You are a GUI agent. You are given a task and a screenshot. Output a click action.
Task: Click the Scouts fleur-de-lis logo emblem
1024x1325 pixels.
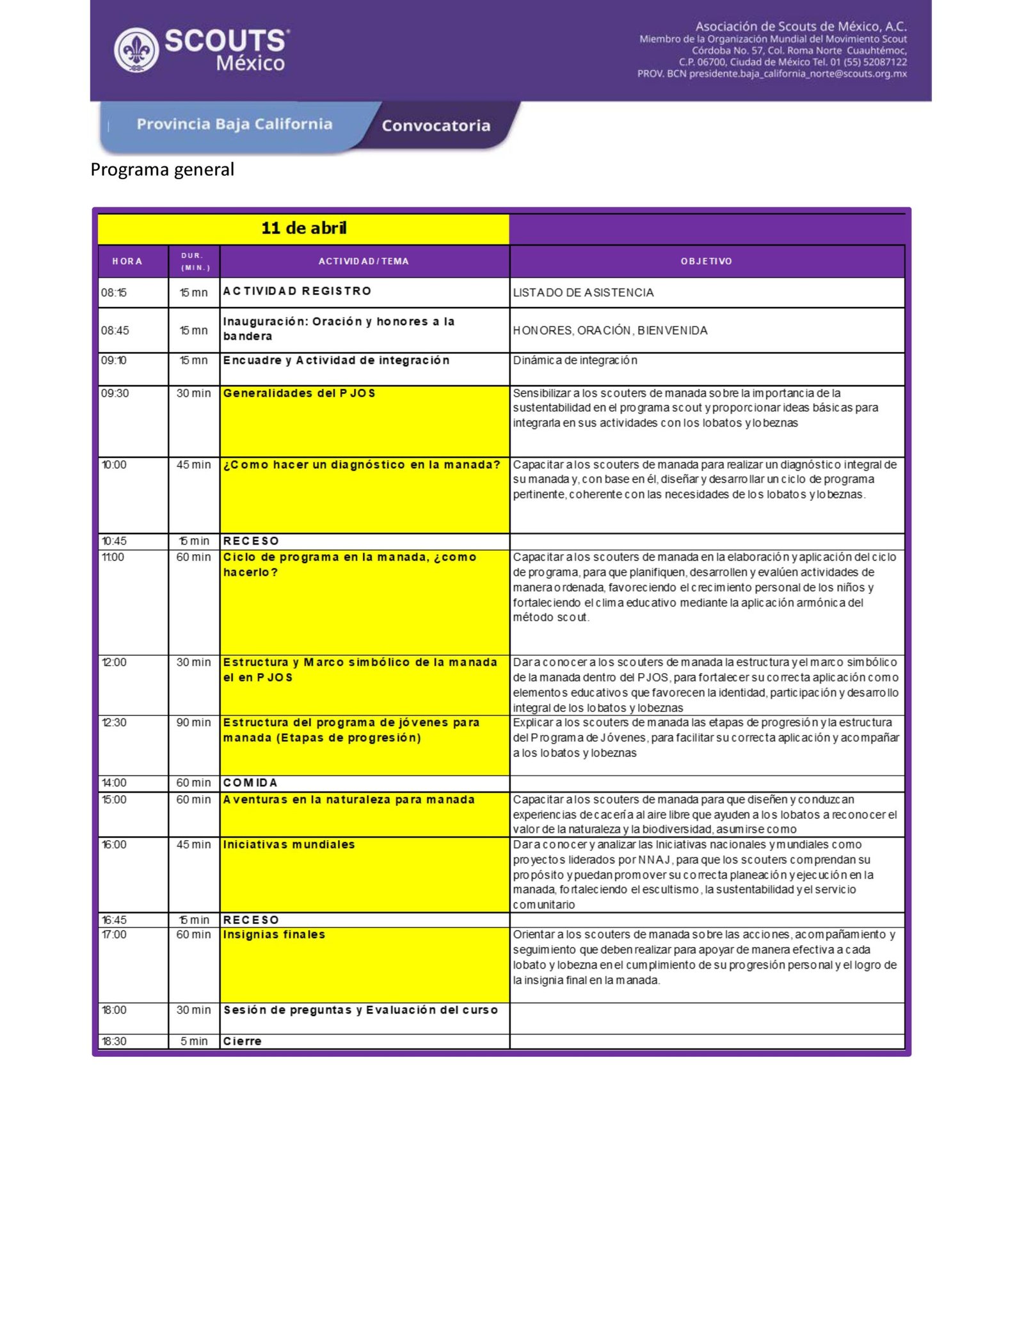pyautogui.click(x=136, y=50)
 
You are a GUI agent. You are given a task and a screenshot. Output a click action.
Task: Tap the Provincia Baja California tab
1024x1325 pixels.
pyautogui.click(x=234, y=124)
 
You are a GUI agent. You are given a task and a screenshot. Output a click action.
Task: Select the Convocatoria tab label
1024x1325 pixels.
pyautogui.click(x=436, y=125)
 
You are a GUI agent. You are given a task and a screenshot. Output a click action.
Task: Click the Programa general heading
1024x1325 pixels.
pyautogui.click(x=162, y=170)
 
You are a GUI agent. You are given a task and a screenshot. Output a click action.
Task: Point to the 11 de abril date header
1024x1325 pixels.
pyautogui.click(x=303, y=228)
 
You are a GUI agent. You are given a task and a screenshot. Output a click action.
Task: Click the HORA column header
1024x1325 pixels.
pyautogui.click(x=127, y=261)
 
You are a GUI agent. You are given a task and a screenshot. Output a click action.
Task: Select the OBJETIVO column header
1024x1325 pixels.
pyautogui.click(x=706, y=261)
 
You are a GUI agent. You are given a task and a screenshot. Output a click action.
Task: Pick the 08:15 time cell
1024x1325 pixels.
pyautogui.click(x=114, y=293)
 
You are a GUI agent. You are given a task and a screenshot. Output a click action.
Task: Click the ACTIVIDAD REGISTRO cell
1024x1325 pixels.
pyautogui.click(x=297, y=291)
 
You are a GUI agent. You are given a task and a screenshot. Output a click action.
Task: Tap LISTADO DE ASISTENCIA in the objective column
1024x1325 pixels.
pyautogui.click(x=583, y=293)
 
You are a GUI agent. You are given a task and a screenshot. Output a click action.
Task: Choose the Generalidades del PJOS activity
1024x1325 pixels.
pyautogui.click(x=299, y=393)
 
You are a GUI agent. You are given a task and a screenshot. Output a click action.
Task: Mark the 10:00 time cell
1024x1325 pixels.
pyautogui.click(x=115, y=465)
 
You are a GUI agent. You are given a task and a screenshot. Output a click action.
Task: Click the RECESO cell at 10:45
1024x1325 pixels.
pyautogui.click(x=251, y=541)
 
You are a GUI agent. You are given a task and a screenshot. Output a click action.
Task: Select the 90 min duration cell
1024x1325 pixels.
pyautogui.click(x=193, y=723)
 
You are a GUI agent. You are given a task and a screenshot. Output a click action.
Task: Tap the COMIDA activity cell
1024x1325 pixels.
pyautogui.click(x=250, y=783)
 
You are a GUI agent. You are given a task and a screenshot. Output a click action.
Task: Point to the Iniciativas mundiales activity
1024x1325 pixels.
pyautogui.click(x=289, y=845)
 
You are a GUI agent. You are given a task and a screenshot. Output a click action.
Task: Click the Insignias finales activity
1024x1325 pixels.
pyautogui.click(x=274, y=935)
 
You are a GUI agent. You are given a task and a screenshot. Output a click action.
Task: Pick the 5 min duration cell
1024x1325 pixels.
pyautogui.click(x=194, y=1042)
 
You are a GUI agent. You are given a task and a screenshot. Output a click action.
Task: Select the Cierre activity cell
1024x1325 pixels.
pyautogui.click(x=243, y=1042)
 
